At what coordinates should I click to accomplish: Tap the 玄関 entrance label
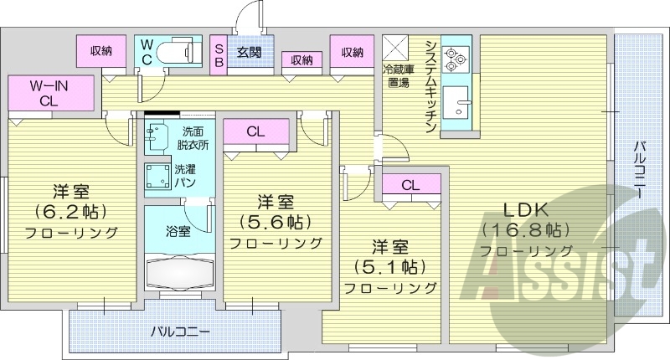pos(248,53)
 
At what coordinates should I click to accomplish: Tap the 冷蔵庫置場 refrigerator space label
pos(397,75)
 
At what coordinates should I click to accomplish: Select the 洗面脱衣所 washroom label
pos(193,137)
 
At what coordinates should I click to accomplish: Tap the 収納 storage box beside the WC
pos(101,52)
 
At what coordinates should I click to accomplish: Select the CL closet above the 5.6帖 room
pos(255,131)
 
